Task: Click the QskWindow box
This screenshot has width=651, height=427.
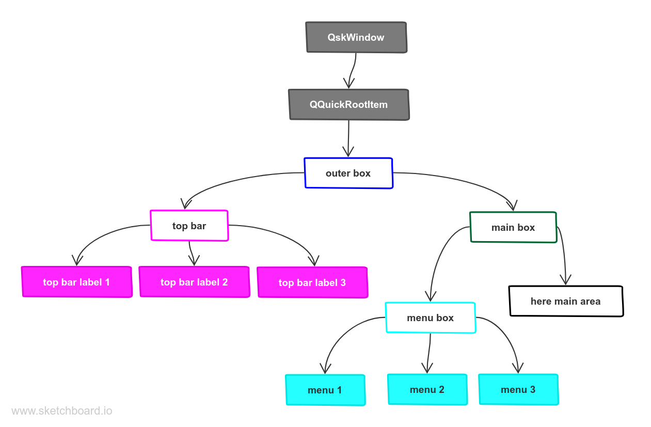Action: coord(356,37)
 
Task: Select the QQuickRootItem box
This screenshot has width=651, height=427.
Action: coord(349,104)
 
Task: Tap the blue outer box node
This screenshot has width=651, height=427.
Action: coord(348,173)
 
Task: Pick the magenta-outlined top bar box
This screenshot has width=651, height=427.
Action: coord(189,226)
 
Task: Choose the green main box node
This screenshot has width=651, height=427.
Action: coord(513,227)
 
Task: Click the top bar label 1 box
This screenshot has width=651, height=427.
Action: coord(76,282)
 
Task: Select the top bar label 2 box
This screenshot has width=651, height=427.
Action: coord(194,282)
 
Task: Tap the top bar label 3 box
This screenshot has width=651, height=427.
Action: coord(312,282)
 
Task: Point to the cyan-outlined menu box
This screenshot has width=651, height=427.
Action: coord(430,318)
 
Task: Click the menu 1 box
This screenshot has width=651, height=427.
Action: coord(325,390)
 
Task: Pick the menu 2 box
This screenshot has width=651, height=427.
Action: coord(427,389)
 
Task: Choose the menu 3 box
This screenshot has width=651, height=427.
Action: coord(518,389)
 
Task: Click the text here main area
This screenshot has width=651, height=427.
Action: coord(565,301)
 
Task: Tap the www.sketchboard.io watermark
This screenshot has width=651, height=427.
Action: coord(61,411)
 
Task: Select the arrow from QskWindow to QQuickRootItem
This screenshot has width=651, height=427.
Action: coord(353,70)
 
